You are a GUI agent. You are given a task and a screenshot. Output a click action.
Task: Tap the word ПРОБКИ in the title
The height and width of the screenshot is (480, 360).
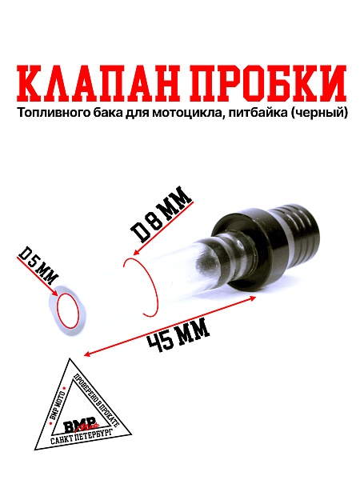pos(264,81)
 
